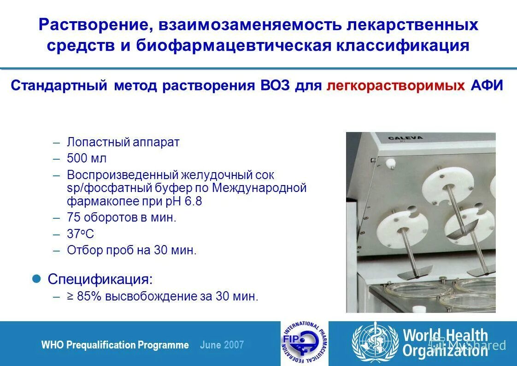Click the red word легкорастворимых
pyautogui.click(x=395, y=86)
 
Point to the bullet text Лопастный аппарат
pyautogui.click(x=123, y=142)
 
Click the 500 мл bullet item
pyautogui.click(x=87, y=158)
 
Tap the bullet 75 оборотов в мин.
pyautogui.click(x=122, y=218)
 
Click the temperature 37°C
pyautogui.click(x=80, y=234)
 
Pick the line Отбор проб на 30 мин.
pyautogui.click(x=132, y=250)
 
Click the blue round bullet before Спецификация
pyautogui.click(x=39, y=279)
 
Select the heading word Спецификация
pyautogui.click(x=100, y=280)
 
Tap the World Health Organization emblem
pyautogui.click(x=375, y=342)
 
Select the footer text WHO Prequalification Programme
pyautogui.click(x=115, y=345)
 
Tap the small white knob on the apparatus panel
pyautogui.click(x=391, y=162)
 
